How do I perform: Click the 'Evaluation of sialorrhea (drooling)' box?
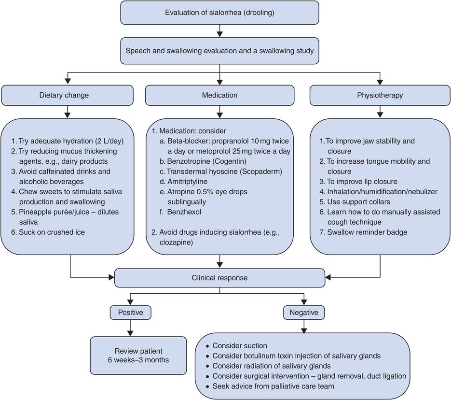220,13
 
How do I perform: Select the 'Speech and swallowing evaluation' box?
220,50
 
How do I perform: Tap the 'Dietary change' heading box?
67,95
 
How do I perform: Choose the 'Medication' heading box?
219,95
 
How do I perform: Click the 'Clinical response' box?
219,278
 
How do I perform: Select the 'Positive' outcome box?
130,312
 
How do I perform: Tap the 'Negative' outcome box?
304,312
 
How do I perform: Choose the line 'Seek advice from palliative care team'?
273,386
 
